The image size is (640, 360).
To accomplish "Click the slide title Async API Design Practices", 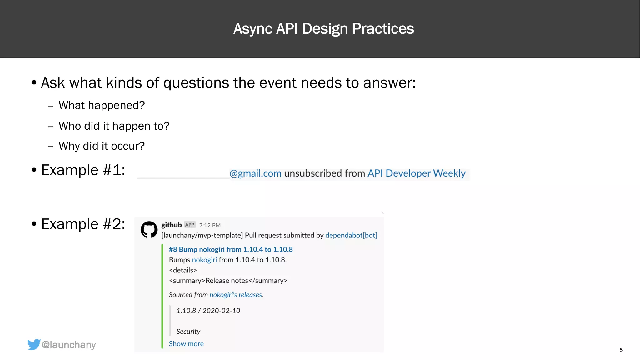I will click(x=323, y=29).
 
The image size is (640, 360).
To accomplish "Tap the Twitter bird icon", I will click(x=34, y=344).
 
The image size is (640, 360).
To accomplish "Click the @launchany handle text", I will click(x=69, y=345).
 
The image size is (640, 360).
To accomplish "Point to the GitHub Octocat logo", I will click(x=149, y=230).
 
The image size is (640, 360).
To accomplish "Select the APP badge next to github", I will click(x=190, y=225).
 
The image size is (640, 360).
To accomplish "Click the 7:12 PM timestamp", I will click(x=210, y=225).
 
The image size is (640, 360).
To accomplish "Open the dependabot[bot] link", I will click(x=351, y=235).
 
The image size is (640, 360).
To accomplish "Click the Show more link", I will click(x=186, y=344).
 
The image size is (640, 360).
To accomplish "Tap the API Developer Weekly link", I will click(x=416, y=173).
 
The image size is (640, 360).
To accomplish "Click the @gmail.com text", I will click(x=256, y=173).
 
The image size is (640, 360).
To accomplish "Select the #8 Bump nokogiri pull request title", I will click(x=231, y=249).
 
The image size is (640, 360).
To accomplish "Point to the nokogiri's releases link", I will click(x=236, y=295).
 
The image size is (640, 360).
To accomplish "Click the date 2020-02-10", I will click(x=221, y=311).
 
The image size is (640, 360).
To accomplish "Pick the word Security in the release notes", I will click(x=188, y=332).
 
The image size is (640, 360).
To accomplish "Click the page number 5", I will click(x=621, y=350).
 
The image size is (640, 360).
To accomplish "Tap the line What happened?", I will click(x=102, y=106).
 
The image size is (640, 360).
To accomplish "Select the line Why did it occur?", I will click(x=102, y=146).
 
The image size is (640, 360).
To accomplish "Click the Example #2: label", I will click(x=83, y=224).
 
